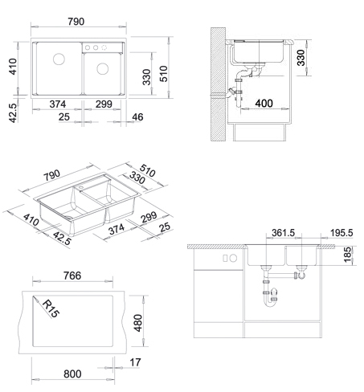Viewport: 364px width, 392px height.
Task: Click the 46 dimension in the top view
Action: tap(137, 117)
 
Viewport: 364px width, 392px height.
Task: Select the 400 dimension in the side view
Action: tap(264, 104)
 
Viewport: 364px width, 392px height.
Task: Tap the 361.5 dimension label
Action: tap(283, 233)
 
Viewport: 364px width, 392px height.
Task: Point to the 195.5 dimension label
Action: tap(342, 233)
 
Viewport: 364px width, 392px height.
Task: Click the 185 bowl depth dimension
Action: tap(347, 255)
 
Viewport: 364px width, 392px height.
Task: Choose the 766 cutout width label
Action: tap(72, 276)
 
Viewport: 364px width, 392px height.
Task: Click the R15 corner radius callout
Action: tap(51, 308)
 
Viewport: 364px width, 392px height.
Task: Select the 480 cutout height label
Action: tap(137, 323)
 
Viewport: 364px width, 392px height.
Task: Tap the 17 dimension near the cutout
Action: tap(135, 362)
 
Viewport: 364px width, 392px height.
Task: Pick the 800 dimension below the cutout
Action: tap(72, 374)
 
